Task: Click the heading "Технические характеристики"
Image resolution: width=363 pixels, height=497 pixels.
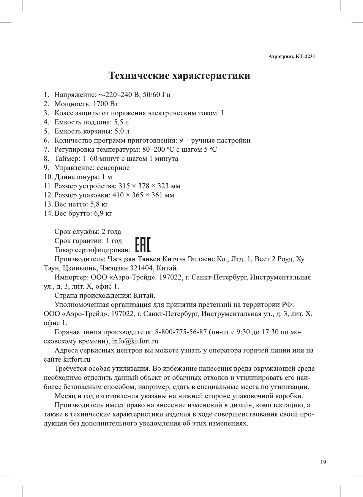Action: (x=179, y=76)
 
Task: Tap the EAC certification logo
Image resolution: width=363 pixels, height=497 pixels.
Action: (x=143, y=245)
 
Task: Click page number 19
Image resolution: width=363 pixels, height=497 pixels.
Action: (x=323, y=462)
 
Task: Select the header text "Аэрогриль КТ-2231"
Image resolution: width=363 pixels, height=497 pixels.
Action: (x=291, y=57)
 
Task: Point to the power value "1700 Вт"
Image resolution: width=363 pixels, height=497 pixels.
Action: (x=106, y=104)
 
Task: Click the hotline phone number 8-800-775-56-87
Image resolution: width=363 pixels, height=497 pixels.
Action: (x=181, y=332)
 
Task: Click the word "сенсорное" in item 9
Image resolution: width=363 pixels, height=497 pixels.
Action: (x=113, y=168)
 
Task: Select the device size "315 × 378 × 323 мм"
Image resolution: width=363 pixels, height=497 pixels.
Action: (x=149, y=186)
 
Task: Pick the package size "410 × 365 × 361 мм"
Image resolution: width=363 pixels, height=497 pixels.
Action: (x=143, y=195)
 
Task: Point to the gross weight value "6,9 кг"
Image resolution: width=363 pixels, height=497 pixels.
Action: (x=103, y=213)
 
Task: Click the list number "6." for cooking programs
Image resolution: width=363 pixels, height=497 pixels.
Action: (x=46, y=140)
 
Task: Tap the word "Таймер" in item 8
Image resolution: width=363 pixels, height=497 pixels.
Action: (x=67, y=159)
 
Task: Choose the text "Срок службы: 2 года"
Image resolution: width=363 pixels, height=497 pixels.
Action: (x=88, y=232)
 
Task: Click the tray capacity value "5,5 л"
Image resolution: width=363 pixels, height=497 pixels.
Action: (x=122, y=122)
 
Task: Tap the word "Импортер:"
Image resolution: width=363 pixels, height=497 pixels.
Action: (x=71, y=277)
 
